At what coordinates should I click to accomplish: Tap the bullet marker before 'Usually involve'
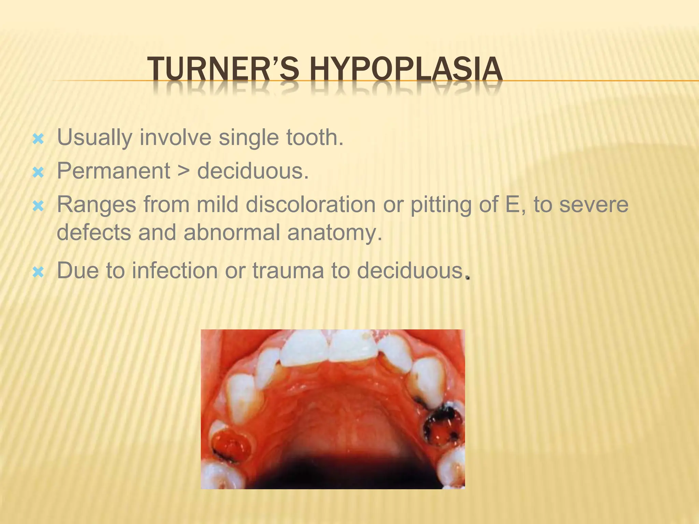[x=38, y=139]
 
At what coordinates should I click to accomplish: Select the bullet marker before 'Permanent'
[x=38, y=173]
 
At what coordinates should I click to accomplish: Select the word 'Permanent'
[x=113, y=171]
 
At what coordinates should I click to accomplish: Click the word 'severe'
[x=594, y=205]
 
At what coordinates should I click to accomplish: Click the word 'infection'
[x=175, y=271]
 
